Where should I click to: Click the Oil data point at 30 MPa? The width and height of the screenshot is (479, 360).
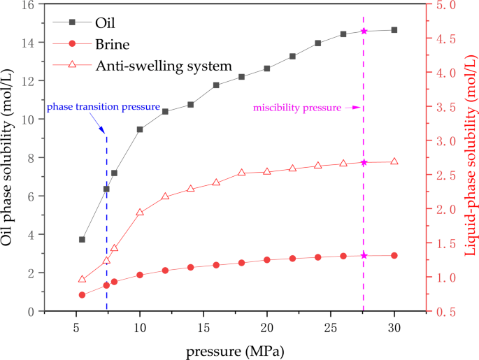point(394,30)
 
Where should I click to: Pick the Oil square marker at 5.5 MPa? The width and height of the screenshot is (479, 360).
point(82,240)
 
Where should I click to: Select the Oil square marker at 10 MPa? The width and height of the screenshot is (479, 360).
point(140,129)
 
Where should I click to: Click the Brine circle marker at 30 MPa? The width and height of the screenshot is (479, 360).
point(394,256)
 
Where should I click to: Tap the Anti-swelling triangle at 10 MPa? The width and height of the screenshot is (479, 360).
point(140,213)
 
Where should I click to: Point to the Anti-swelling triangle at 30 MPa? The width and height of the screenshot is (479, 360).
point(394,161)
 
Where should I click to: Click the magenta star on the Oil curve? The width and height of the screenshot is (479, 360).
point(364,31)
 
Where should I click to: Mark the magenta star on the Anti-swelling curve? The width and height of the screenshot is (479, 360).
point(364,162)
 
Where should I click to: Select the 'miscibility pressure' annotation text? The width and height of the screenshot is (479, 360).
point(297,108)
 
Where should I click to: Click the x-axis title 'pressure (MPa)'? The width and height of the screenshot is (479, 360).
point(235,350)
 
